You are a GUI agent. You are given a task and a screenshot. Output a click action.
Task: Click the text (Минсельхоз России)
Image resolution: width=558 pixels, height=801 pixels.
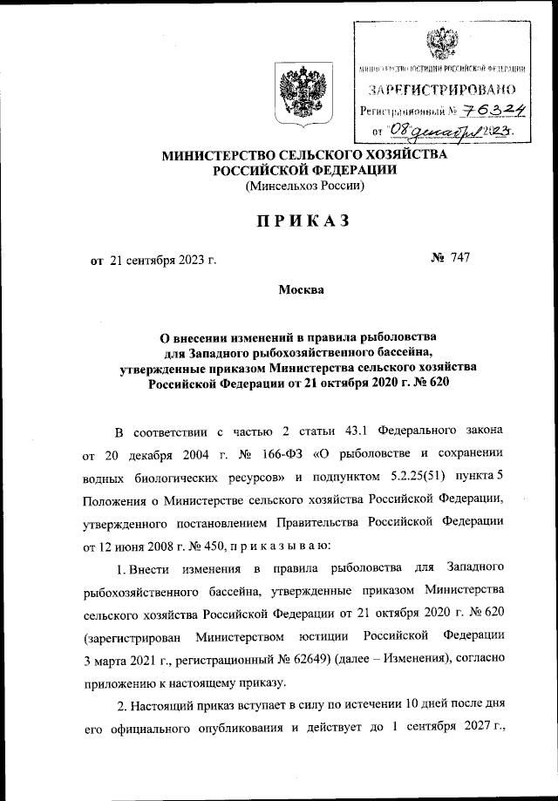point(304,186)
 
